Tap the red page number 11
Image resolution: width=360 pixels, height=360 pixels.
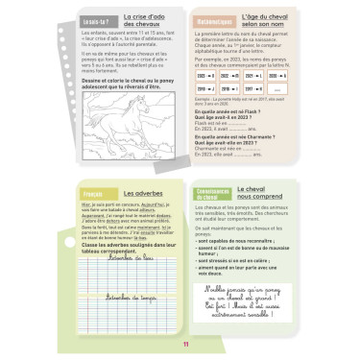[x=180, y=348]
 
